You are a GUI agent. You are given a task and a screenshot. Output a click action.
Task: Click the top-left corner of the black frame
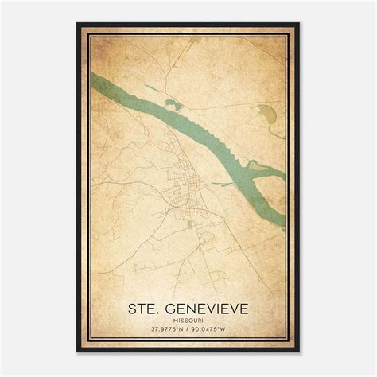tap(77, 24)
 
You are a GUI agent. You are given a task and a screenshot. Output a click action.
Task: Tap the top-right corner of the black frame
tap(299, 24)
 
